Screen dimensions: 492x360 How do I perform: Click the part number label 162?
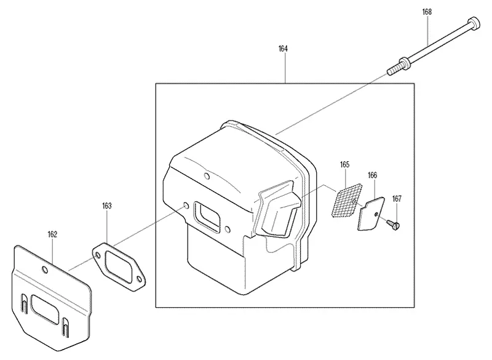coord(52,234)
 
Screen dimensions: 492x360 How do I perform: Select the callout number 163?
coord(106,206)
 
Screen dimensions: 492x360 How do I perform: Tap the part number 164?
coord(283,49)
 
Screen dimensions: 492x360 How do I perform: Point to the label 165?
coord(344,164)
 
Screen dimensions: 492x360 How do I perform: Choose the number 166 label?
coord(373,175)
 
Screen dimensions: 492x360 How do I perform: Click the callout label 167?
coord(397,199)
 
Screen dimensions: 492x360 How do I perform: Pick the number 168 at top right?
coord(427,12)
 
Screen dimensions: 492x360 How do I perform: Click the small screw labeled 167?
coord(394,225)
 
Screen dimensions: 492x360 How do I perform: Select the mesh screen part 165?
coord(346,200)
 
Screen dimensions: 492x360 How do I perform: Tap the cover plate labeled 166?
coord(371,214)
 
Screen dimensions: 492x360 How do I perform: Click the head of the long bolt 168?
coord(474,22)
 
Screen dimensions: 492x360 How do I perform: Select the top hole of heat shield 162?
coord(45,270)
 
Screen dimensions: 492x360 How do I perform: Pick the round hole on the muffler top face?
coord(207,176)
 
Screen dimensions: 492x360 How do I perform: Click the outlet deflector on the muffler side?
coord(278,209)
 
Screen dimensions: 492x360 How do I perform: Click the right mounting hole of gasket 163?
coord(140,279)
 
